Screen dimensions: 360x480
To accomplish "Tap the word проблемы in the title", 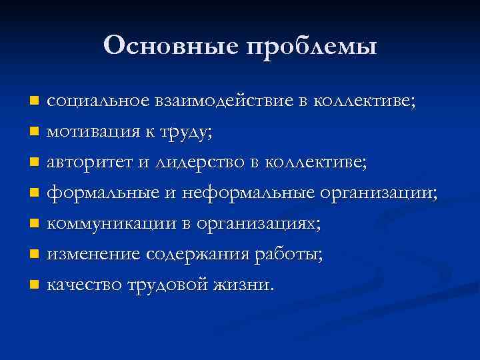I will click(311, 47).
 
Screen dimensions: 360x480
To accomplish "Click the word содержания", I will click(194, 255).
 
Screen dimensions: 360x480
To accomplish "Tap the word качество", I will click(83, 285).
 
